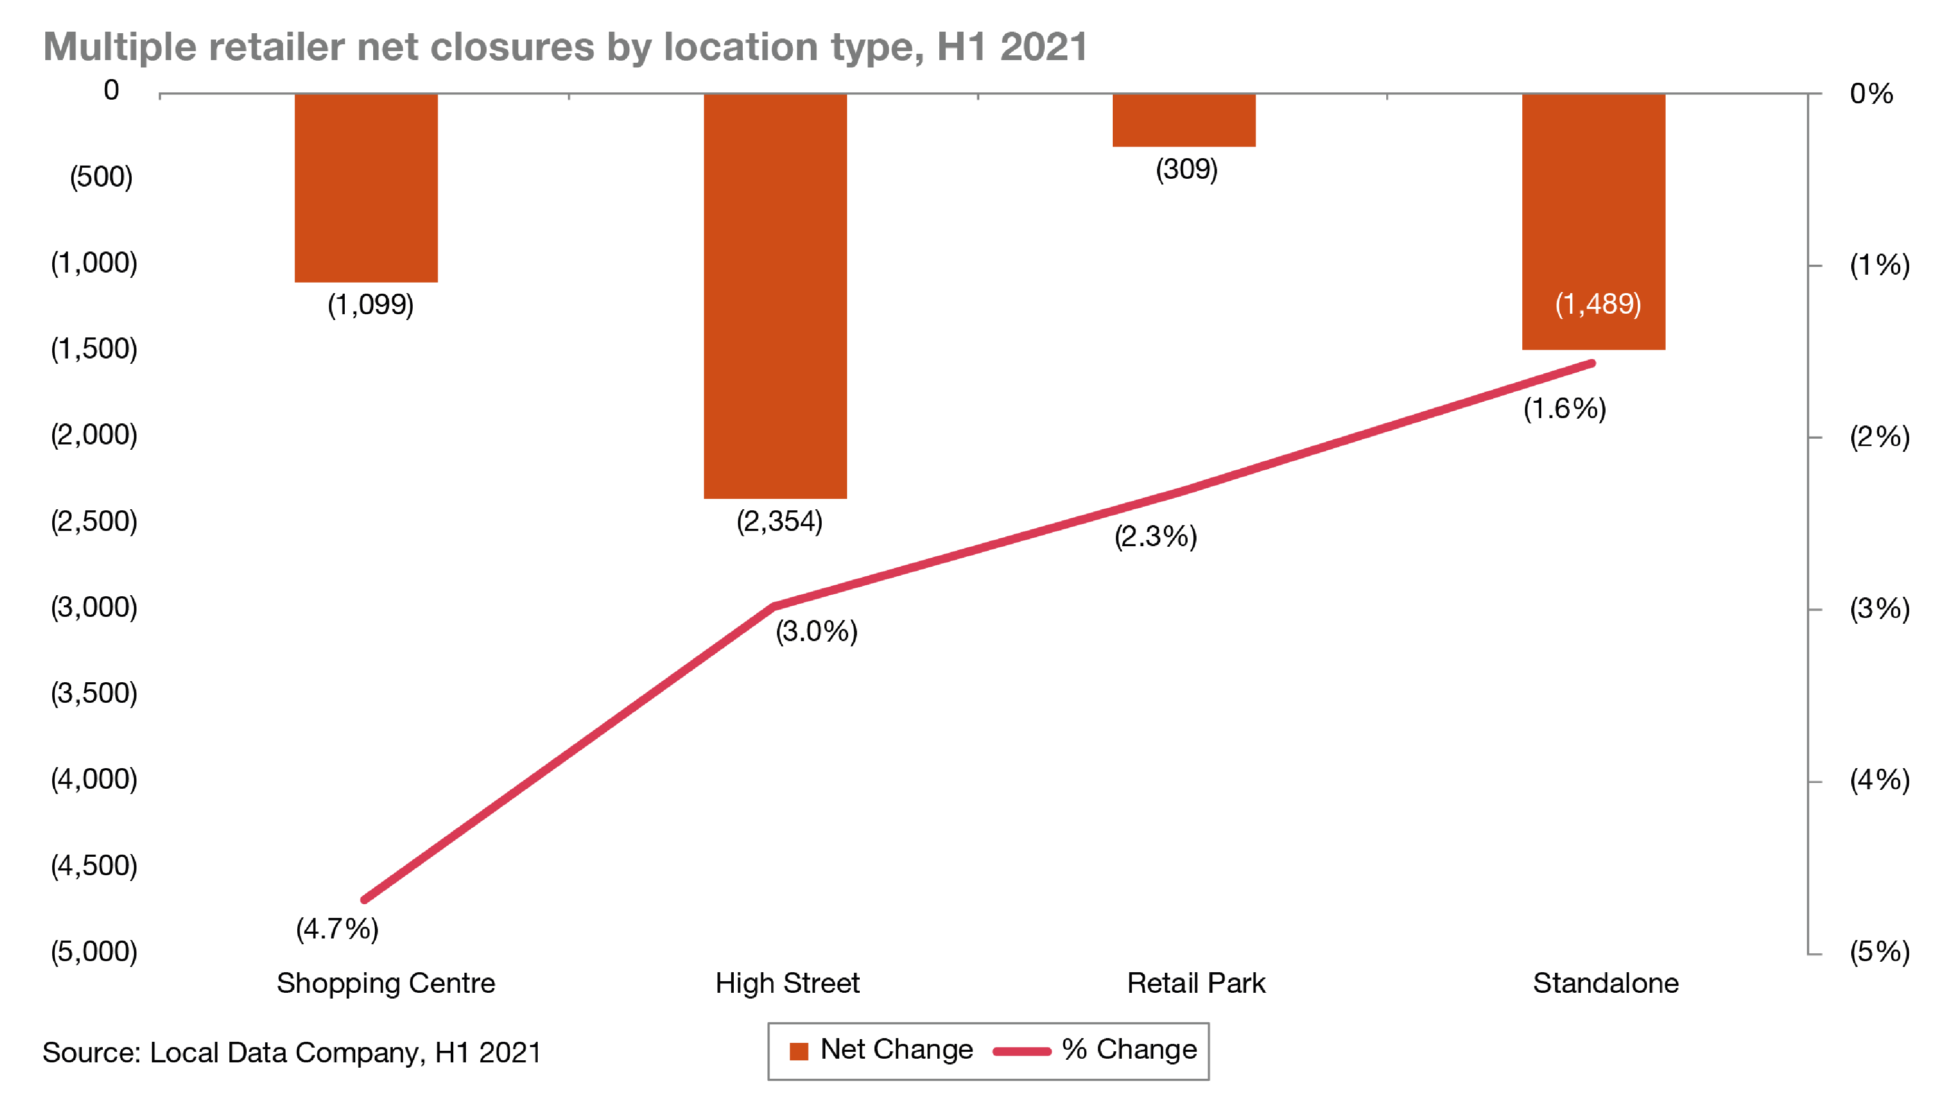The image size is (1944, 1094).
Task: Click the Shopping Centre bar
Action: point(366,188)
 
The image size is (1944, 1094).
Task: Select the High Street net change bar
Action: point(775,296)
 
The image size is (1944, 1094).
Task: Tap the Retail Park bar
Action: point(1183,120)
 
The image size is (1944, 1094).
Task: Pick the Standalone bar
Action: point(1593,221)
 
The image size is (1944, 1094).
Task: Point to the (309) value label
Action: point(1187,169)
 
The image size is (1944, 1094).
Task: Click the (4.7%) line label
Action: point(337,928)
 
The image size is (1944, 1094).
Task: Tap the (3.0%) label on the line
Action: point(817,631)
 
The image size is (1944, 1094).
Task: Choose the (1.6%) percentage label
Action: point(1564,409)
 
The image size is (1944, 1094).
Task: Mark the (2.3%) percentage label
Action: point(1155,537)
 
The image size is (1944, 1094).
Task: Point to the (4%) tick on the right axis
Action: point(1879,780)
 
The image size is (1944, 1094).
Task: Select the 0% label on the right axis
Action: point(1871,94)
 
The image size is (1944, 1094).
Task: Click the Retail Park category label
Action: point(1195,983)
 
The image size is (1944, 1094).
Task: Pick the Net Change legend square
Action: point(799,1051)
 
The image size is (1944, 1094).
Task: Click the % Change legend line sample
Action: point(1022,1051)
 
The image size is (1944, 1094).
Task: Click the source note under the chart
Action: point(291,1052)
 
